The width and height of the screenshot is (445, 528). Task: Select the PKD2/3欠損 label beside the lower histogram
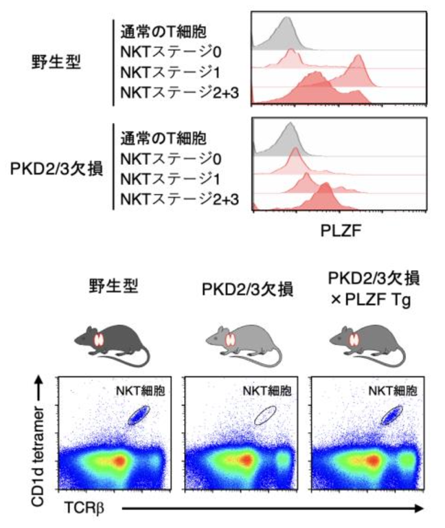coord(56,169)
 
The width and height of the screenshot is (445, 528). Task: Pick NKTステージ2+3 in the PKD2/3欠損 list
coord(178,199)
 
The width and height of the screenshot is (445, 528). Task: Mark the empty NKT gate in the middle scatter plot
coord(265,415)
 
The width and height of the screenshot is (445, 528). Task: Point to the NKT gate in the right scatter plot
coord(391,415)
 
